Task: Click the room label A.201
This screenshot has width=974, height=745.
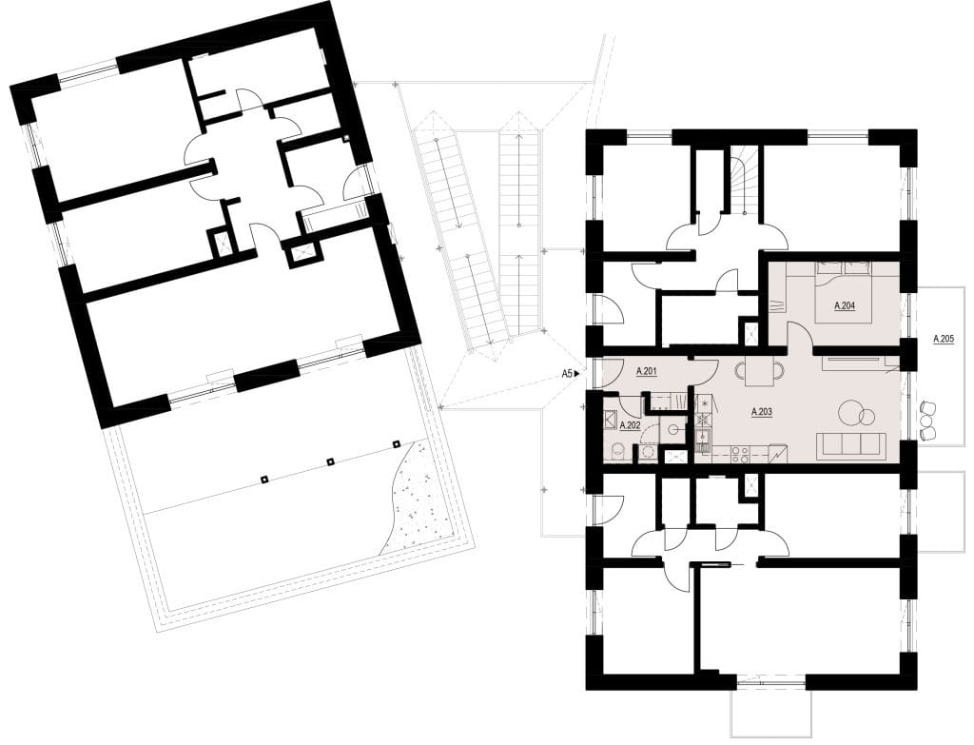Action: [x=647, y=372]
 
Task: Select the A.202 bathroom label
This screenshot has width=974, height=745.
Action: [x=630, y=425]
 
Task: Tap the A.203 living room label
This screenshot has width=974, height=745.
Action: [x=761, y=411]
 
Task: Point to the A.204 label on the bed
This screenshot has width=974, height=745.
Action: [x=845, y=305]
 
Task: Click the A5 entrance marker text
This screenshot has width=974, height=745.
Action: [x=566, y=373]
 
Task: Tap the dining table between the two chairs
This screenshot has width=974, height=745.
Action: [x=760, y=372]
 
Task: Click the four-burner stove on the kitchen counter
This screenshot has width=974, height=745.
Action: [x=739, y=454]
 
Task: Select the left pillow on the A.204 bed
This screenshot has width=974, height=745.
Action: [x=828, y=267]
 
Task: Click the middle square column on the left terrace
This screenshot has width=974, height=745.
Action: [x=330, y=461]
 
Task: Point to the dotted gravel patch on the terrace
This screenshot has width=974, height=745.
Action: [x=414, y=496]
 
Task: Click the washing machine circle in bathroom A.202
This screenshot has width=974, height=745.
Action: [x=647, y=452]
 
